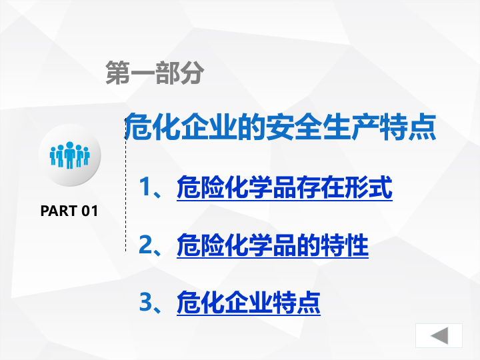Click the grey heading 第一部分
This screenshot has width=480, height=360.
[x=154, y=73]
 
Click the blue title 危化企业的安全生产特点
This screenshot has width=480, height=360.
[x=281, y=127]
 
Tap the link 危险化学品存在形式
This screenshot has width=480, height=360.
[x=284, y=188]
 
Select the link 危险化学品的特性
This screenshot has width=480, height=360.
[x=272, y=245]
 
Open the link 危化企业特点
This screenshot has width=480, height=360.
[x=248, y=303]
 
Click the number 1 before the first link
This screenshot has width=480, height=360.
[x=146, y=188]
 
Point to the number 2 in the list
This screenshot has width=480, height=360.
[x=146, y=245]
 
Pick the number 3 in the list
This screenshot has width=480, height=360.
[x=146, y=303]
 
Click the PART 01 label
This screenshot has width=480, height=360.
[x=69, y=211]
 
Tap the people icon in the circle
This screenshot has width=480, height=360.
[x=69, y=155]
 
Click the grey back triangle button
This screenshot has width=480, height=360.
[x=439, y=335]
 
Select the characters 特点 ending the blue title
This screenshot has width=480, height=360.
[x=413, y=127]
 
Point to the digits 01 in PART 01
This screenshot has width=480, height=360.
[x=89, y=211]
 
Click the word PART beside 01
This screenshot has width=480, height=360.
[x=59, y=211]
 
